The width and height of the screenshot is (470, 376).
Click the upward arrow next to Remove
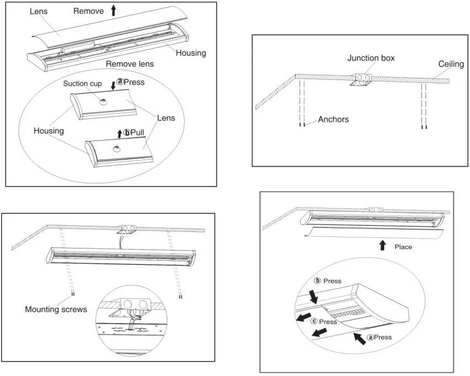(x=114, y=10)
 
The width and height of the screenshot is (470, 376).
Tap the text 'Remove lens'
(x=130, y=64)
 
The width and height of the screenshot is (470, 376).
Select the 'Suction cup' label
(x=82, y=84)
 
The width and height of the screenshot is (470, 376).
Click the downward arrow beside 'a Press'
(x=113, y=84)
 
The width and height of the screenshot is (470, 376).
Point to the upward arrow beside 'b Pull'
(x=120, y=133)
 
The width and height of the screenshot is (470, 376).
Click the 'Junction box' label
(x=371, y=57)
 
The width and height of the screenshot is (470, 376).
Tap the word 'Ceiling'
(x=451, y=65)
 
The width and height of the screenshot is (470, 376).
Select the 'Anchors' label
(x=333, y=119)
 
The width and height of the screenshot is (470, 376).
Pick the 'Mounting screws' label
(x=56, y=309)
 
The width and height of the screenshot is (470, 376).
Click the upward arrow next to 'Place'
(x=382, y=246)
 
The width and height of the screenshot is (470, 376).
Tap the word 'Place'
(x=403, y=247)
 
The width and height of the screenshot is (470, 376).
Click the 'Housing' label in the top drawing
(x=191, y=53)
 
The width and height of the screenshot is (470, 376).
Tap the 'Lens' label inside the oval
(x=165, y=118)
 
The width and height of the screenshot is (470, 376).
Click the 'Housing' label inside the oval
(x=49, y=131)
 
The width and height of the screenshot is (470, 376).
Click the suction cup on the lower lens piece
(x=116, y=149)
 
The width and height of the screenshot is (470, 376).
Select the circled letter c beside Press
(x=314, y=321)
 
